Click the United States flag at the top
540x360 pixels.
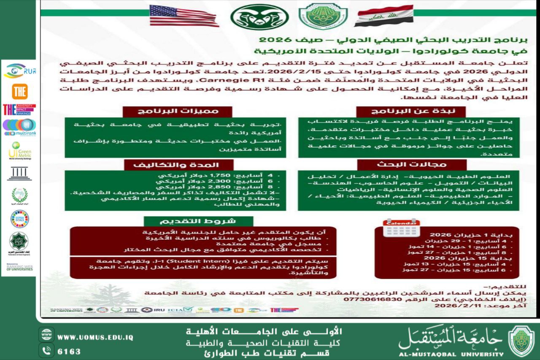coord(184,16)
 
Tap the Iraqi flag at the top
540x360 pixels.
coord(383,16)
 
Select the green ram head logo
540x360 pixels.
coord(259,17)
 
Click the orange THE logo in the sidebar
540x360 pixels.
coord(19,91)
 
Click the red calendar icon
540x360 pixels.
coord(401,227)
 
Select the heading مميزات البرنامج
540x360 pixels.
coord(178,111)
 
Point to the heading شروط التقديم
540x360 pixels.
coord(198,222)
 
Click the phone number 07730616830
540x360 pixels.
coord(367,299)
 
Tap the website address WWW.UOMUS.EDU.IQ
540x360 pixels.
coord(95,338)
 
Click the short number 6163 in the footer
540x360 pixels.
coord(69,352)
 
